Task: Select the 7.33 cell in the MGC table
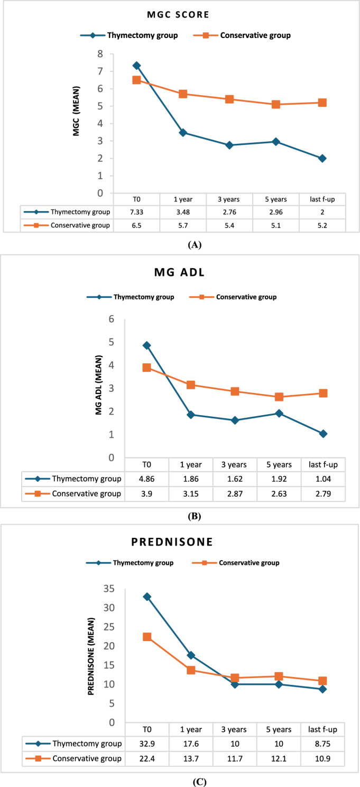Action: point(136,213)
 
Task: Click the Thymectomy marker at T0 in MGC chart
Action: point(136,66)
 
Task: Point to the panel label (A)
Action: point(180,245)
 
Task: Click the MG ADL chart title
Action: point(180,276)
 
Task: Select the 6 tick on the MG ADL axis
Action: point(112,319)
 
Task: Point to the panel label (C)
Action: point(180,779)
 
